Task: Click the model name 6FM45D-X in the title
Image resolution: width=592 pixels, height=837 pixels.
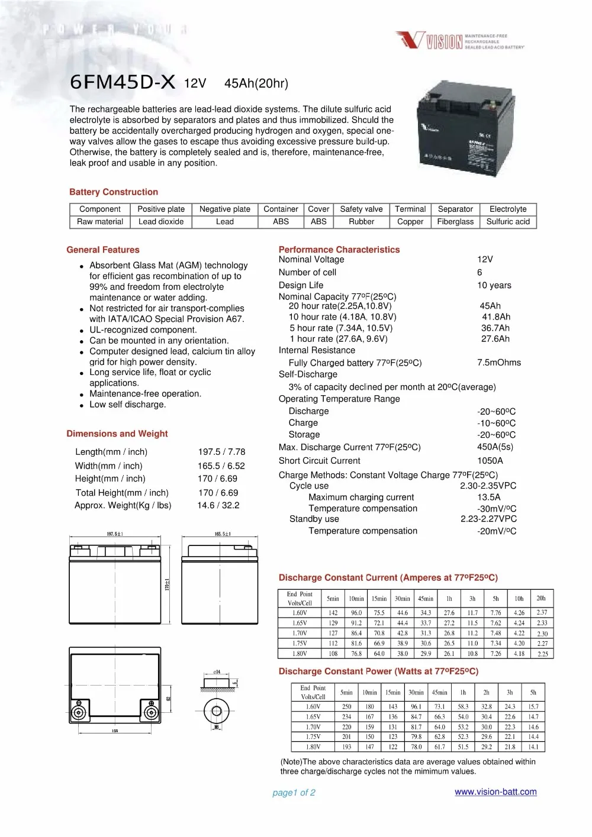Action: pyautogui.click(x=123, y=82)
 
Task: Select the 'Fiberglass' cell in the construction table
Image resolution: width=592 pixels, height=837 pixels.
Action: pyautogui.click(x=455, y=222)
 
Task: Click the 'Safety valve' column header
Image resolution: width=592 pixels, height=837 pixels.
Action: pyautogui.click(x=361, y=209)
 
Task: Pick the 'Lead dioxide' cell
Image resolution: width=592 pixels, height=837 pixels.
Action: pyautogui.click(x=161, y=222)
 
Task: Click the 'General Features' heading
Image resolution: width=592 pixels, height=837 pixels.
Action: pyautogui.click(x=103, y=250)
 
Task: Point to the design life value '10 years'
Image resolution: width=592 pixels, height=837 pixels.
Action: pyautogui.click(x=494, y=285)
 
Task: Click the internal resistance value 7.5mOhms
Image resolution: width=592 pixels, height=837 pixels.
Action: pyautogui.click(x=499, y=363)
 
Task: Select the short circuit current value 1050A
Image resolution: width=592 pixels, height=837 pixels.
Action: pyautogui.click(x=490, y=460)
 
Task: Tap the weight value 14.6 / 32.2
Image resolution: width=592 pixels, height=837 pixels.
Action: pyautogui.click(x=218, y=505)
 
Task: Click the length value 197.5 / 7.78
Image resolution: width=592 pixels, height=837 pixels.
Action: pyautogui.click(x=221, y=451)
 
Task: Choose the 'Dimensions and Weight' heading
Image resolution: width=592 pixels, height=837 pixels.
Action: pyautogui.click(x=117, y=434)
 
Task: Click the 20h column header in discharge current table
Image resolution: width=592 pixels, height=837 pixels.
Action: pyautogui.click(x=541, y=598)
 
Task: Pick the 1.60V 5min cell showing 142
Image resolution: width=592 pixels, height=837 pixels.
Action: pyautogui.click(x=333, y=613)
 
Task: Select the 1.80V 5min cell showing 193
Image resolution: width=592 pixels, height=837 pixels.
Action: pyautogui.click(x=346, y=747)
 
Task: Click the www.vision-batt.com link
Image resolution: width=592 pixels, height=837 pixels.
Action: pyautogui.click(x=496, y=792)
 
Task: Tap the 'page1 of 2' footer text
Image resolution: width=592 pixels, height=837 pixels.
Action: pyautogui.click(x=294, y=793)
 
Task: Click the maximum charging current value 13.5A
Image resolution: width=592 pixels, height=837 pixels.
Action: pyautogui.click(x=489, y=497)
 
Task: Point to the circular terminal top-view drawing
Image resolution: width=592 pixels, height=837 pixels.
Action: pyautogui.click(x=217, y=711)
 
